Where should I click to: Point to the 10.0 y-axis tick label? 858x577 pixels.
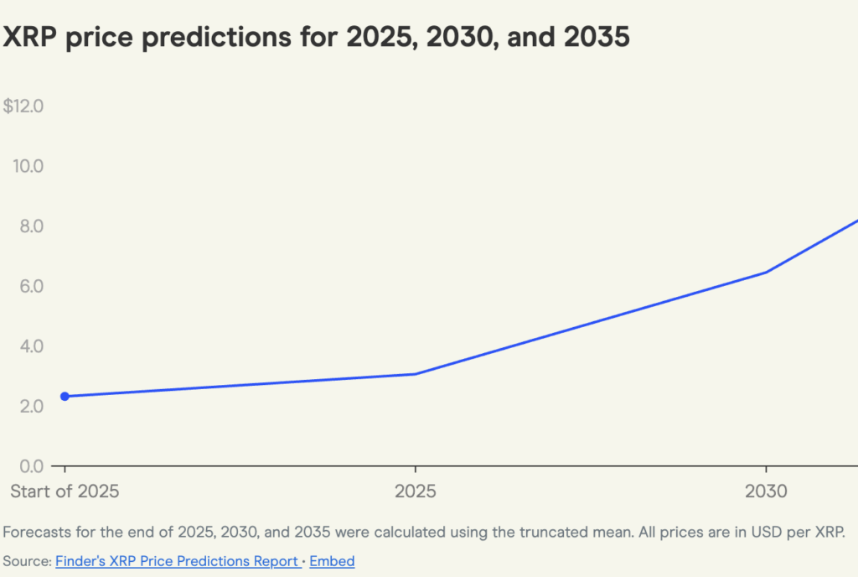click(x=28, y=166)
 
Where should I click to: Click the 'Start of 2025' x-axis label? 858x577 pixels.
click(x=65, y=491)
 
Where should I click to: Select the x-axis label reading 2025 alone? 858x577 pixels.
click(x=416, y=491)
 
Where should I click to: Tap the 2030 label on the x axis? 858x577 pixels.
click(x=766, y=491)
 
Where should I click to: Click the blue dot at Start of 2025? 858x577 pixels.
click(x=65, y=397)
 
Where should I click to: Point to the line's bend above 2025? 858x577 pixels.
click(x=416, y=374)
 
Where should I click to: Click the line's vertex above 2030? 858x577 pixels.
click(x=766, y=272)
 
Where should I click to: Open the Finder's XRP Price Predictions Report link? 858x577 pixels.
click(x=177, y=561)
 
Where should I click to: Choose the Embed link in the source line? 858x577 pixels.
click(x=332, y=561)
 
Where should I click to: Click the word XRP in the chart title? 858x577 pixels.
click(x=31, y=37)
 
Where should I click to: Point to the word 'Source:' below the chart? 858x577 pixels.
click(x=27, y=561)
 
